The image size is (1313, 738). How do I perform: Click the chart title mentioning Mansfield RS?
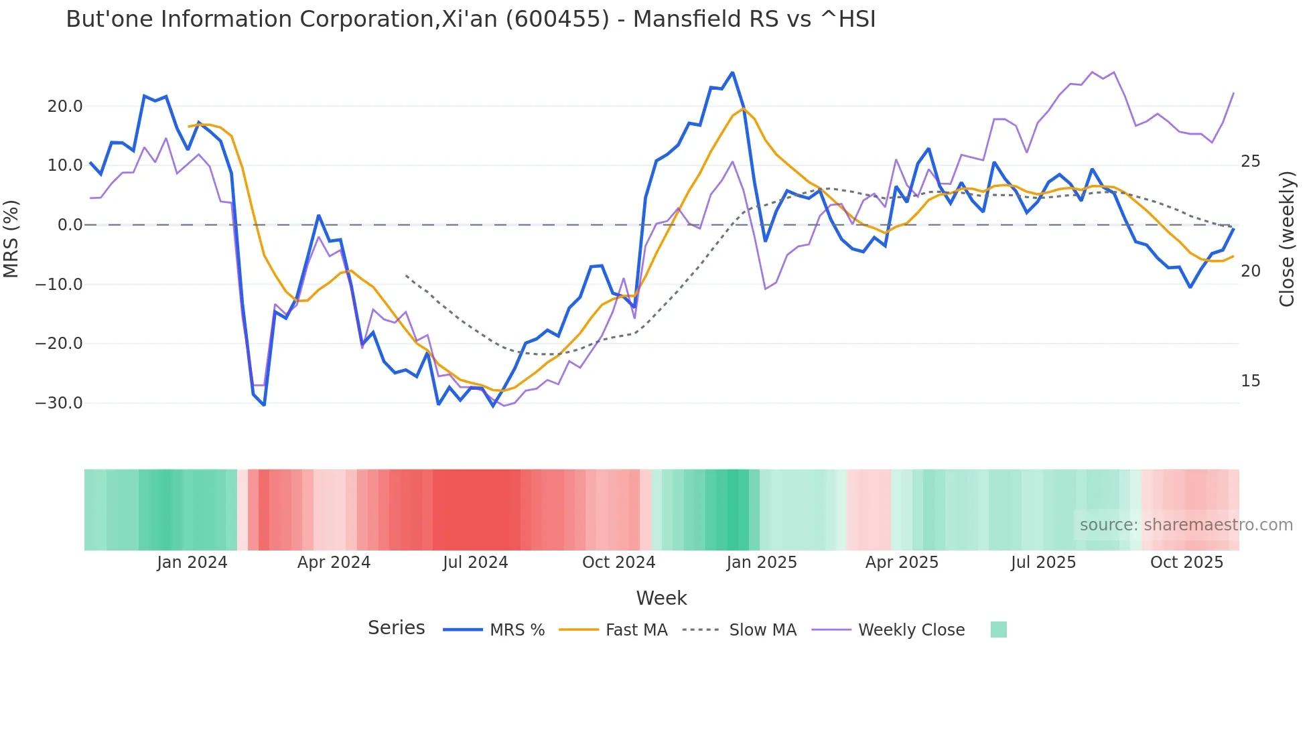click(x=470, y=19)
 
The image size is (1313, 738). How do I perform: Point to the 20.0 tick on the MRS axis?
click(x=65, y=106)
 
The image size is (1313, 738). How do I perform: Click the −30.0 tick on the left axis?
click(x=60, y=403)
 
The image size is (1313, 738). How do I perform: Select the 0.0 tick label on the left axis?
click(x=70, y=225)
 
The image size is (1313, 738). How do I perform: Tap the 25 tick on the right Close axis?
click(x=1250, y=161)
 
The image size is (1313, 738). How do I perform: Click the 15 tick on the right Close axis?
click(x=1250, y=381)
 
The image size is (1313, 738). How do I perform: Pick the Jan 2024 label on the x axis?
click(x=192, y=563)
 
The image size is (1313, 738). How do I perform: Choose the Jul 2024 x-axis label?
click(x=475, y=563)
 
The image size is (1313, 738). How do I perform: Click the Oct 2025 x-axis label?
click(x=1186, y=563)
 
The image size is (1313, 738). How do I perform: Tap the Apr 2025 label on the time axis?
click(x=902, y=563)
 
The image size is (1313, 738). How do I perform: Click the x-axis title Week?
click(x=661, y=598)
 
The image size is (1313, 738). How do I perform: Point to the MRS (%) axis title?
click(x=11, y=238)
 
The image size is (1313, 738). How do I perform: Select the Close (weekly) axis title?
click(x=1286, y=238)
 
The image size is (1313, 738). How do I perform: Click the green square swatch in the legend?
click(x=998, y=630)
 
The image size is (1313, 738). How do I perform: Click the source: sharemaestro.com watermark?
click(x=1186, y=525)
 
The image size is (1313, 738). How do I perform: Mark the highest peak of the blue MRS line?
click(x=732, y=72)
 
